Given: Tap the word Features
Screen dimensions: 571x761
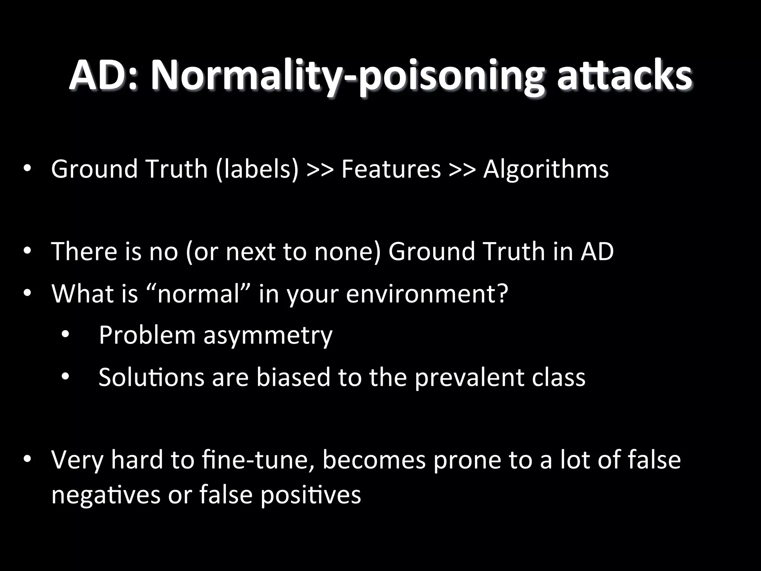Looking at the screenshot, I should click(x=391, y=169).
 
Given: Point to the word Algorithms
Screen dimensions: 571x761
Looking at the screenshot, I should click(x=546, y=169).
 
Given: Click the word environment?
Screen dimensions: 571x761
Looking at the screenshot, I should click(x=427, y=294).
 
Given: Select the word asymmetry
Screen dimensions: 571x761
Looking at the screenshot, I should click(x=268, y=335).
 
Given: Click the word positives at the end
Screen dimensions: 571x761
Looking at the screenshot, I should click(x=311, y=495).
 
